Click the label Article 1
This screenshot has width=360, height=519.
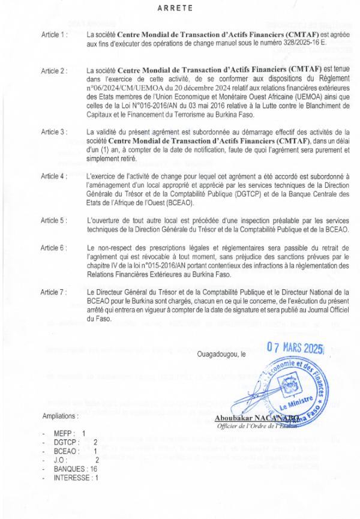pyautogui.click(x=55, y=35)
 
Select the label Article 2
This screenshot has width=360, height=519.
pyautogui.click(x=55, y=70)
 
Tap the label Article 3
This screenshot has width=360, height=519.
pyautogui.click(x=55, y=131)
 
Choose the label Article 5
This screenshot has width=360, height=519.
pyautogui.click(x=55, y=220)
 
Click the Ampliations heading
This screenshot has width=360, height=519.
pyautogui.click(x=60, y=415)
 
